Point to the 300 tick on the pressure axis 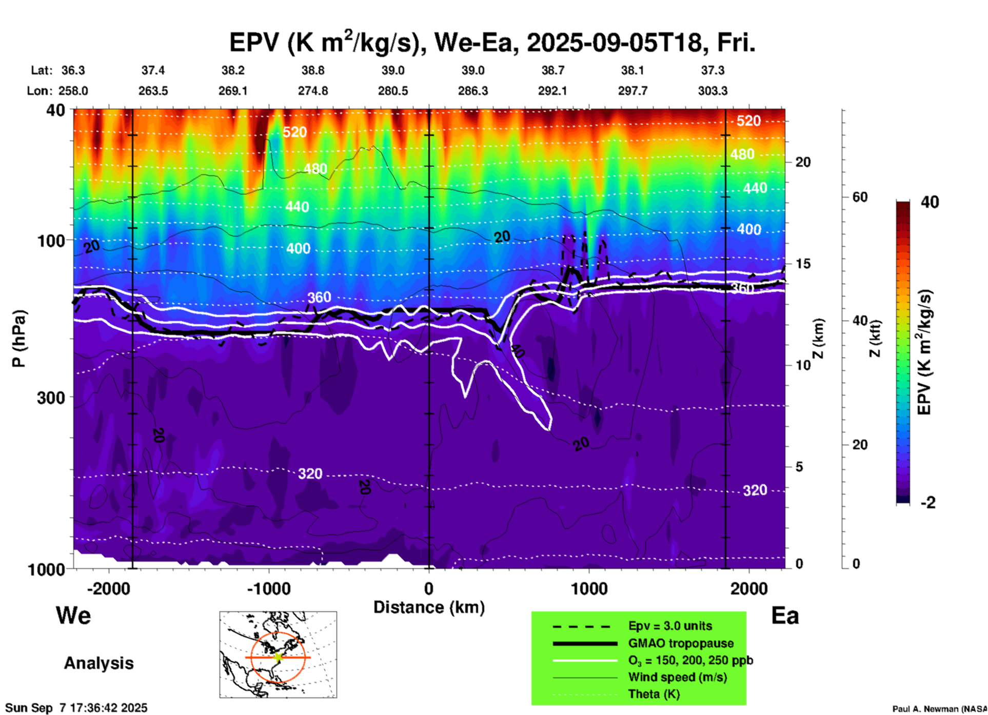pyautogui.click(x=51, y=398)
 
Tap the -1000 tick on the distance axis pyautogui.click(x=268, y=589)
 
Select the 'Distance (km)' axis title pyautogui.click(x=429, y=607)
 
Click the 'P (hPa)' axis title pyautogui.click(x=19, y=338)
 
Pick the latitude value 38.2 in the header pyautogui.click(x=233, y=70)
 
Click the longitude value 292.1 pyautogui.click(x=552, y=91)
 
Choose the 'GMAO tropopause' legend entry pyautogui.click(x=681, y=643)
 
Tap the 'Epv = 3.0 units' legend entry pyautogui.click(x=670, y=626)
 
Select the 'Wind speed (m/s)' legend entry pyautogui.click(x=677, y=677)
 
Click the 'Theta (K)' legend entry pyautogui.click(x=654, y=694)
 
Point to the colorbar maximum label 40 pyautogui.click(x=930, y=202)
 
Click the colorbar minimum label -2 pyautogui.click(x=927, y=503)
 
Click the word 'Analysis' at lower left pyautogui.click(x=98, y=663)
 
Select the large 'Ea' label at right pyautogui.click(x=785, y=616)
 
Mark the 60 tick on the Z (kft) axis pyautogui.click(x=859, y=197)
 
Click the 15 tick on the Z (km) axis pyautogui.click(x=802, y=264)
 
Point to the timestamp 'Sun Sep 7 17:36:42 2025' pyautogui.click(x=76, y=708)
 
